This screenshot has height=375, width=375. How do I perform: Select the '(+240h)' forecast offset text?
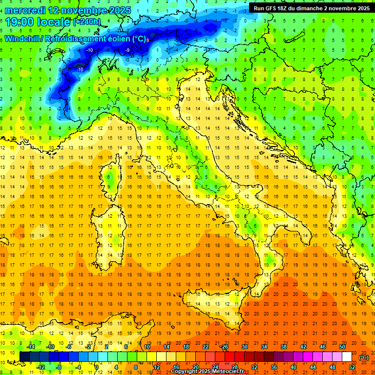click(x=87, y=22)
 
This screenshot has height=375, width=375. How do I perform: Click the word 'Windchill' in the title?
click(x=22, y=39)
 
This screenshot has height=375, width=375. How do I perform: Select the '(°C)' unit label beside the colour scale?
click(x=364, y=357)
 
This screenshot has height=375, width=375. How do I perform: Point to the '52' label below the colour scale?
click(x=352, y=367)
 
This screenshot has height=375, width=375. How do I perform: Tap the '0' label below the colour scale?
click(x=96, y=367)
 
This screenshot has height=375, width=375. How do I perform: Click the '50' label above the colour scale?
click(x=342, y=347)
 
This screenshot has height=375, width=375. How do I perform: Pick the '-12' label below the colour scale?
click(x=41, y=367)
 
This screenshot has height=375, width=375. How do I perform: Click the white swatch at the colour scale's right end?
click(x=347, y=357)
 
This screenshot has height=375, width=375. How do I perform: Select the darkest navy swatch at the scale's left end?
click(x=24, y=357)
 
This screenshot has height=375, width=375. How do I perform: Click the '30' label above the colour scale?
click(x=244, y=347)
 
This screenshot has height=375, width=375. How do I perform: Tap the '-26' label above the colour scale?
click(x=224, y=347)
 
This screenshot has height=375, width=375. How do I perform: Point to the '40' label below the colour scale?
click(x=293, y=367)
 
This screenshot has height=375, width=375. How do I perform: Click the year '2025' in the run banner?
click(x=362, y=8)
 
